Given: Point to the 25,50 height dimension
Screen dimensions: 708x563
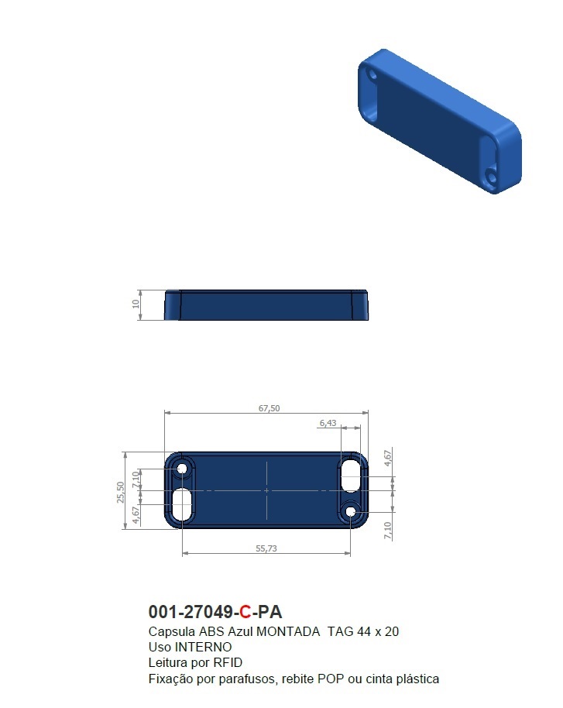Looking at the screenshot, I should click(x=119, y=491).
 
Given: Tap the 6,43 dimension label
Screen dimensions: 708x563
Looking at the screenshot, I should click(x=328, y=423).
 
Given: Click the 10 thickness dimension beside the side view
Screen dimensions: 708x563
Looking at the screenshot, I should click(x=136, y=304).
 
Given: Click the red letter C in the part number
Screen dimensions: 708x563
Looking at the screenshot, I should click(x=245, y=613).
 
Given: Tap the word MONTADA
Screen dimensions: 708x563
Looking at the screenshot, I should click(x=288, y=631).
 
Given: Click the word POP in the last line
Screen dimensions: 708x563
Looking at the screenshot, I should click(x=331, y=679).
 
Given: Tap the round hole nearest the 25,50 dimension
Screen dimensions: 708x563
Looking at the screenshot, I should click(x=184, y=469).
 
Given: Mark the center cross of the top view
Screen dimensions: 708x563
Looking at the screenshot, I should click(x=266, y=490).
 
